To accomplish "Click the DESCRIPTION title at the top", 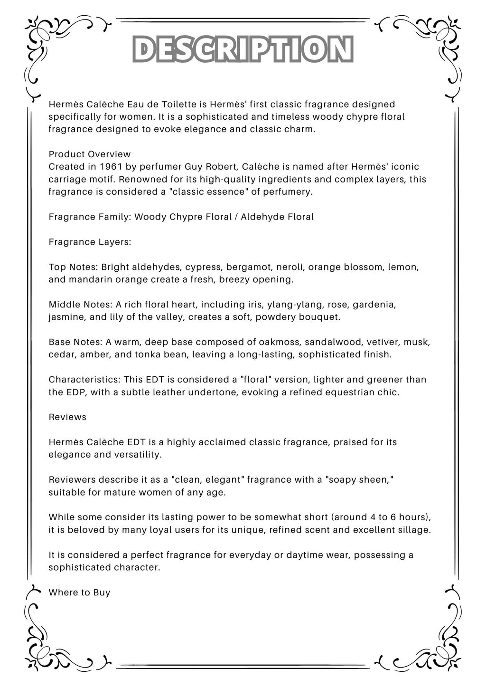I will [x=243, y=50].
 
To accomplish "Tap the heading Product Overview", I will [x=90, y=154].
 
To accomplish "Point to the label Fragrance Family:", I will [x=90, y=217].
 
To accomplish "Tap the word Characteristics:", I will [x=84, y=380].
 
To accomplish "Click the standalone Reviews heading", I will [x=67, y=417].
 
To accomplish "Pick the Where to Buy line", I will [x=79, y=592].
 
